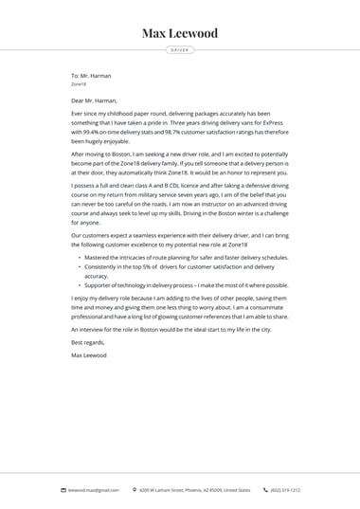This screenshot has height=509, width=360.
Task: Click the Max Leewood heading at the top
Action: pos(180,33)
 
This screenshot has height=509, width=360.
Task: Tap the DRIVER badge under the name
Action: pos(180,49)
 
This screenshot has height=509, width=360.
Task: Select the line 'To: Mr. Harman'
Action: pos(91,76)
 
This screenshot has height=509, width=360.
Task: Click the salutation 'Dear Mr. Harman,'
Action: pos(94,100)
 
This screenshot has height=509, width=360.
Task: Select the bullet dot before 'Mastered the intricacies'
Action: pos(80,258)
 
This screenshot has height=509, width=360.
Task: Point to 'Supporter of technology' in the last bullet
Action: pos(116,285)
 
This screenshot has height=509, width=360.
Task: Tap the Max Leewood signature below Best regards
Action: pos(89,355)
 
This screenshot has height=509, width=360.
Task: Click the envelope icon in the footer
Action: pos(63,490)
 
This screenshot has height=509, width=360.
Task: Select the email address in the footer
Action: pos(94,490)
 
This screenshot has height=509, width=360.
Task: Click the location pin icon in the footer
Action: pos(135,490)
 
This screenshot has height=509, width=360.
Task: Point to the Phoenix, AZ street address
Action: pos(195,490)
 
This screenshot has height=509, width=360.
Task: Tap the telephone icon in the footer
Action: pos(266,490)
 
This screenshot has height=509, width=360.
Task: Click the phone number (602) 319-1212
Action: pos(285,490)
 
